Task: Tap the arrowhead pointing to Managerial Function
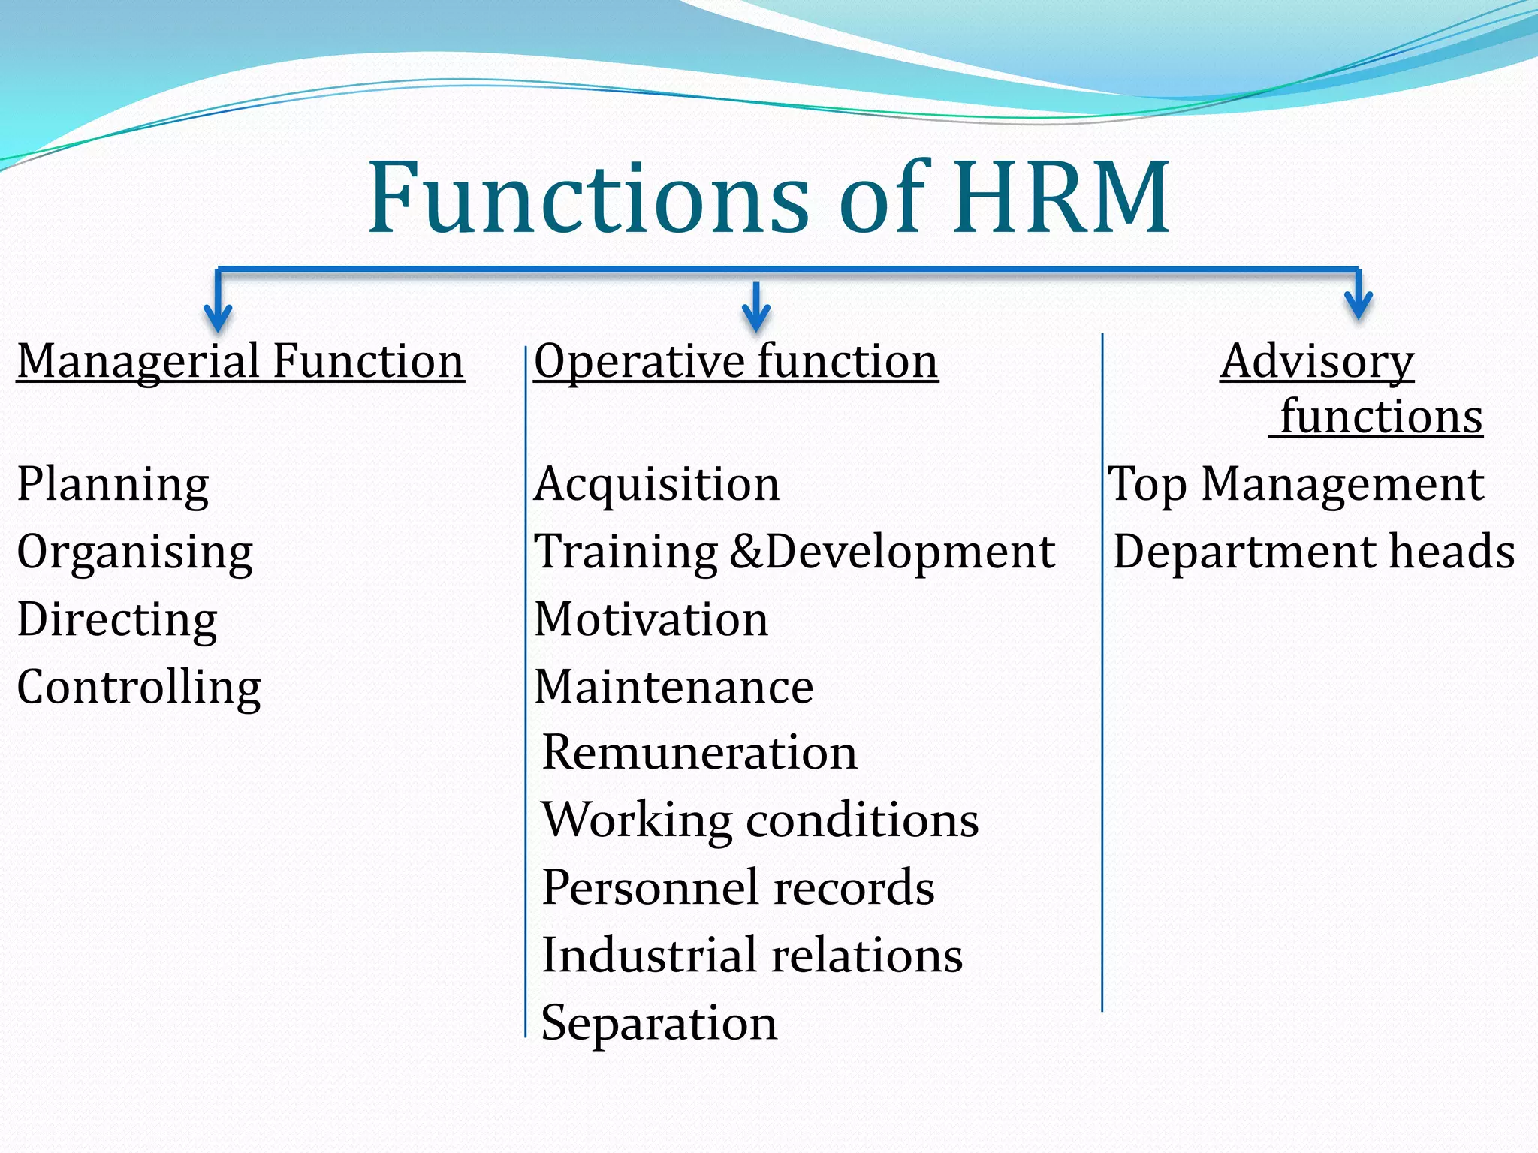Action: tap(218, 318)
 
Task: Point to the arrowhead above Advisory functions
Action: tap(1359, 303)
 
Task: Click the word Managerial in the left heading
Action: tap(139, 361)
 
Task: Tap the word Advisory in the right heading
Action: tap(1316, 361)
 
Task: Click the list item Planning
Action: tap(113, 484)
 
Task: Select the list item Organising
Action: tap(134, 552)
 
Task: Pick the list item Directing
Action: tap(117, 620)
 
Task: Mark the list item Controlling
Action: tap(139, 688)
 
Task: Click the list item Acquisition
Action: tap(657, 484)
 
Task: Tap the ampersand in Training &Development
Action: tap(746, 552)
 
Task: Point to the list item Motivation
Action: tap(651, 620)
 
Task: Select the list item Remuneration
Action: tap(699, 753)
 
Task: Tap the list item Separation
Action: tap(659, 1023)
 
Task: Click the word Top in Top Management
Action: tap(1147, 485)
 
